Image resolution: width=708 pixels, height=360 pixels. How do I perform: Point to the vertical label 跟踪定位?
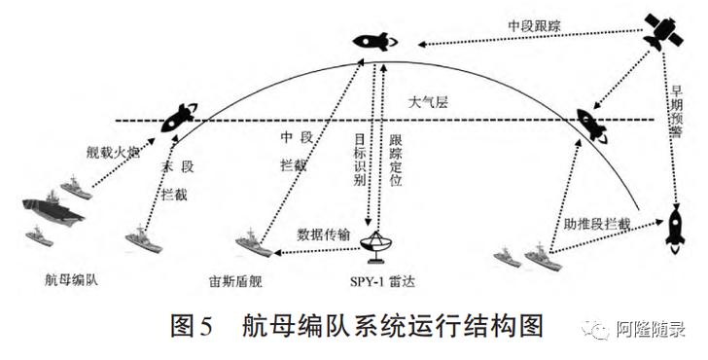tap(394, 161)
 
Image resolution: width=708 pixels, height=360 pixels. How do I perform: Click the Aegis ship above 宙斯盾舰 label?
tap(252, 243)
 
